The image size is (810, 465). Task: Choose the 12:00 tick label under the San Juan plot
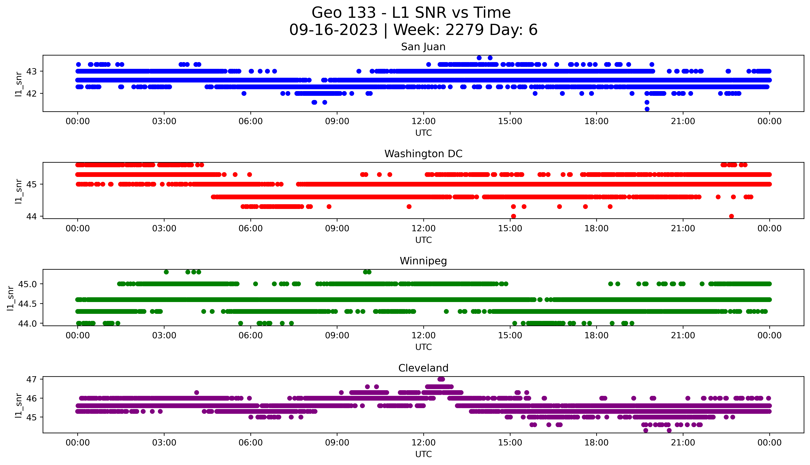coord(423,121)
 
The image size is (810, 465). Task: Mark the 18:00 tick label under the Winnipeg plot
coord(596,336)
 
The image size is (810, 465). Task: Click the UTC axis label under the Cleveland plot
coord(423,454)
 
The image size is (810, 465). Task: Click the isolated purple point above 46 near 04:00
coord(197,392)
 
